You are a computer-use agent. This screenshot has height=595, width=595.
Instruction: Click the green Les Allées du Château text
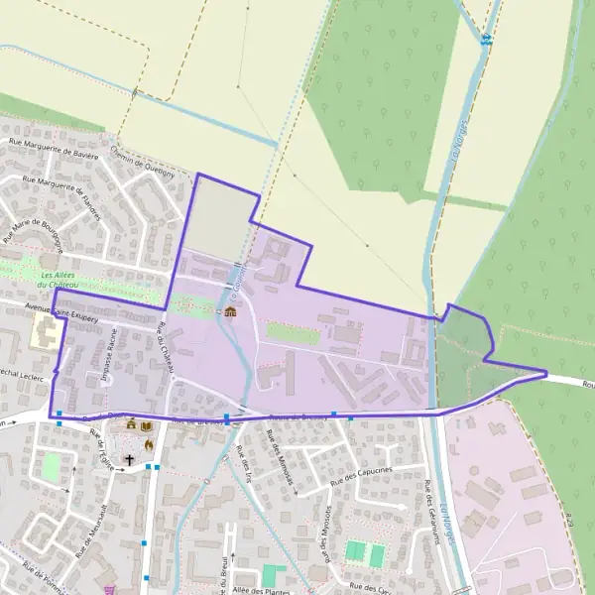coord(60,280)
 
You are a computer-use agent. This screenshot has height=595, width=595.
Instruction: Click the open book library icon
coord(147,425)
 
